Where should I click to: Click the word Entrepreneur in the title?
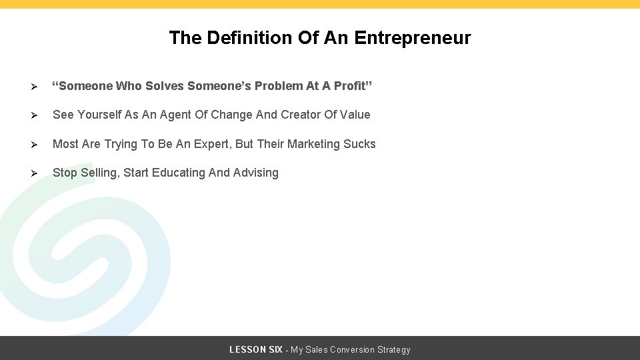pyautogui.click(x=413, y=38)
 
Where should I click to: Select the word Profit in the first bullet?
pyautogui.click(x=356, y=86)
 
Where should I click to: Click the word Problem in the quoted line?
pyautogui.click(x=279, y=86)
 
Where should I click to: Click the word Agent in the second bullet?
pyautogui.click(x=175, y=115)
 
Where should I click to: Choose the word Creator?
pyautogui.click(x=301, y=115)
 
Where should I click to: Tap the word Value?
pyautogui.click(x=355, y=115)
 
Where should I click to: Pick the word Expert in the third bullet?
pyautogui.click(x=210, y=144)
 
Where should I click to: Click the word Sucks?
pyautogui.click(x=359, y=144)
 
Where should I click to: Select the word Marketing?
pyautogui.click(x=313, y=144)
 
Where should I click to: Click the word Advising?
pyautogui.click(x=256, y=173)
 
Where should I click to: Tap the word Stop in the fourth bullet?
pyautogui.click(x=65, y=173)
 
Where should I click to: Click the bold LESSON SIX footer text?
pyautogui.click(x=255, y=349)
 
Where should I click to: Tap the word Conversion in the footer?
pyautogui.click(x=353, y=349)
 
